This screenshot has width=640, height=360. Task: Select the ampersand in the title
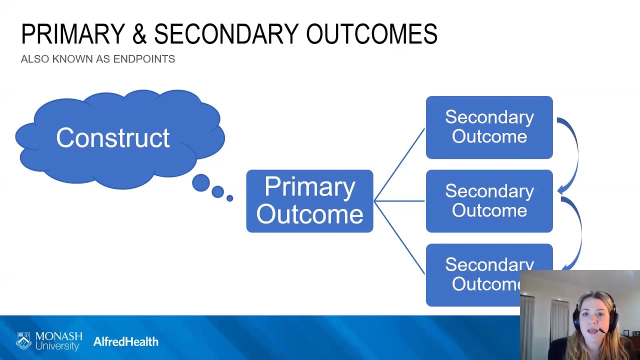click(x=139, y=34)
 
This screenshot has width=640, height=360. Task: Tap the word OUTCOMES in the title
click(x=371, y=34)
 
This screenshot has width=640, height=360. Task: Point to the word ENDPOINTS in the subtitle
click(x=144, y=59)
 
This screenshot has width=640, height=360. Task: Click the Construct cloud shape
click(x=113, y=138)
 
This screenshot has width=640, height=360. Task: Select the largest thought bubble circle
click(x=201, y=183)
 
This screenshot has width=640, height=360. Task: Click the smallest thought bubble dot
click(x=229, y=198)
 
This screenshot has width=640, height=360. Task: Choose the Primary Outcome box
click(x=309, y=201)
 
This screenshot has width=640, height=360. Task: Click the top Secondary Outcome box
click(x=489, y=127)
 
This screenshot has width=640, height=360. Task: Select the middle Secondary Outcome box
click(x=489, y=201)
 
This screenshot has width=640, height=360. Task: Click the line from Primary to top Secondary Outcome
click(x=399, y=164)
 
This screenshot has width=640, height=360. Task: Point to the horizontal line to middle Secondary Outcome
click(x=399, y=201)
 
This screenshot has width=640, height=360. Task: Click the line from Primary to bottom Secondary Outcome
click(x=399, y=237)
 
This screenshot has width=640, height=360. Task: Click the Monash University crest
click(x=23, y=341)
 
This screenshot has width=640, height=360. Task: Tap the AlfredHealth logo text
click(x=126, y=342)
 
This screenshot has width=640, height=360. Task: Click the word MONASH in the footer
click(x=59, y=336)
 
